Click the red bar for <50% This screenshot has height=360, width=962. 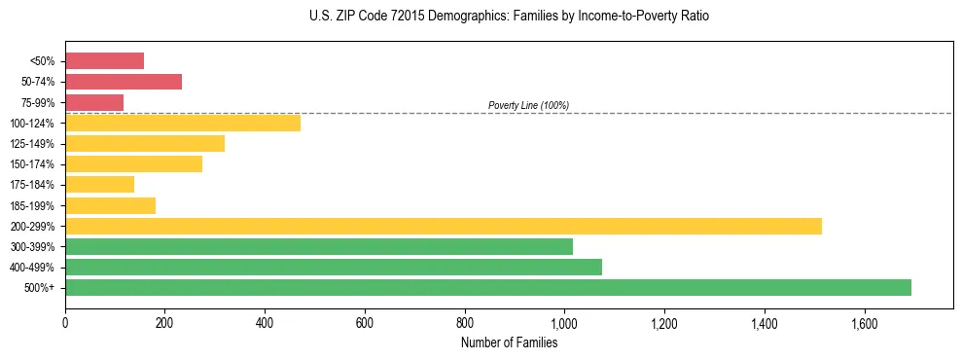point(104,61)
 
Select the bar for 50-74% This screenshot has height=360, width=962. point(124,82)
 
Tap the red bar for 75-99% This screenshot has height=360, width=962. point(94,102)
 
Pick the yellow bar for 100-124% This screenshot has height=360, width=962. point(183,123)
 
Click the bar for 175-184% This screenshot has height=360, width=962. point(99,185)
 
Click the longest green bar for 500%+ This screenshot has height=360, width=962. point(488,287)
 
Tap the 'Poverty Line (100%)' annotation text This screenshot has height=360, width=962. point(528,105)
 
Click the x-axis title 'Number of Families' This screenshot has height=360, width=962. point(509,342)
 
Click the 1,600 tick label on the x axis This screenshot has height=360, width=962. point(864,323)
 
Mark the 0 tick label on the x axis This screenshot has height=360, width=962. point(65,323)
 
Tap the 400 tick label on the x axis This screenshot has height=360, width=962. point(265,323)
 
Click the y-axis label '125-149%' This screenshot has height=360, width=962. point(34,144)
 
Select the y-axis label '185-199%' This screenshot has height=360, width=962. point(34,205)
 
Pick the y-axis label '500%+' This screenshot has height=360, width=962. point(40,288)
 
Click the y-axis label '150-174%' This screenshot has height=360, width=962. point(34,164)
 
